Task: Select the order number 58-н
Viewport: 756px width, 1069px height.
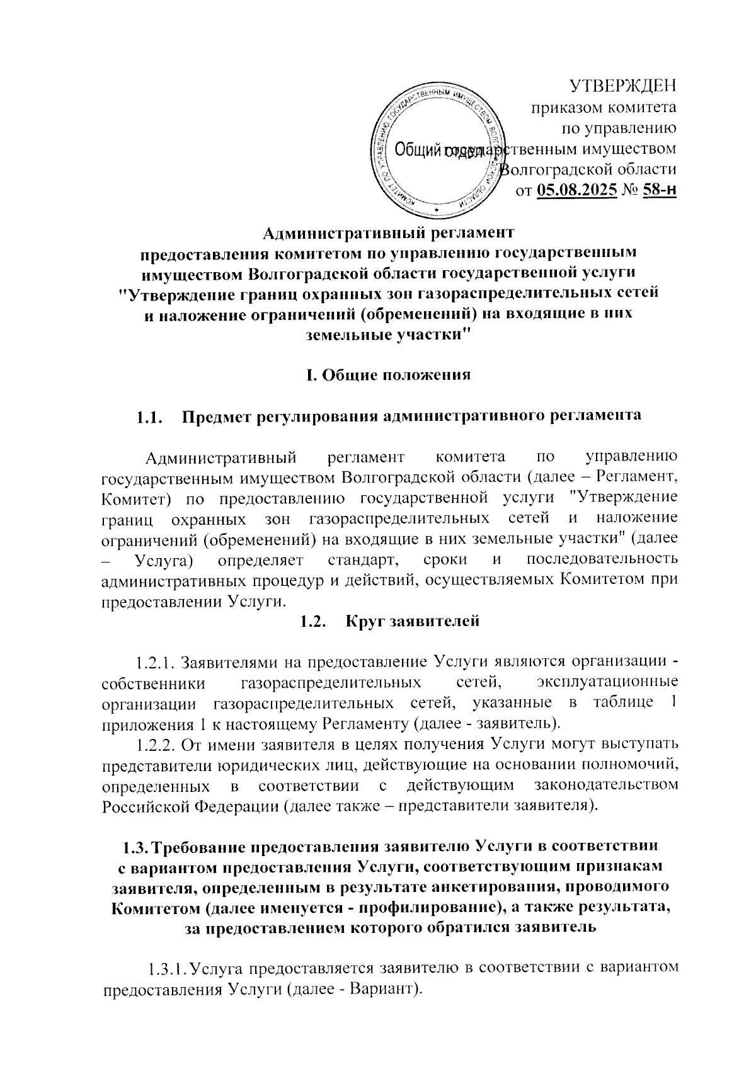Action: (659, 189)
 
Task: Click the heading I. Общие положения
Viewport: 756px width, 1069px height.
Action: (388, 375)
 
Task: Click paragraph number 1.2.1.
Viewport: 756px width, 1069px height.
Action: (156, 662)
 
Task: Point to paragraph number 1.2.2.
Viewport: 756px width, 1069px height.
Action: (156, 745)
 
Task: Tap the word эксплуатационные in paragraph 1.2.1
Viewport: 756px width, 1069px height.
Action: (607, 682)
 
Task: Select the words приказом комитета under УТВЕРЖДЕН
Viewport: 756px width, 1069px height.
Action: (604, 108)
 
